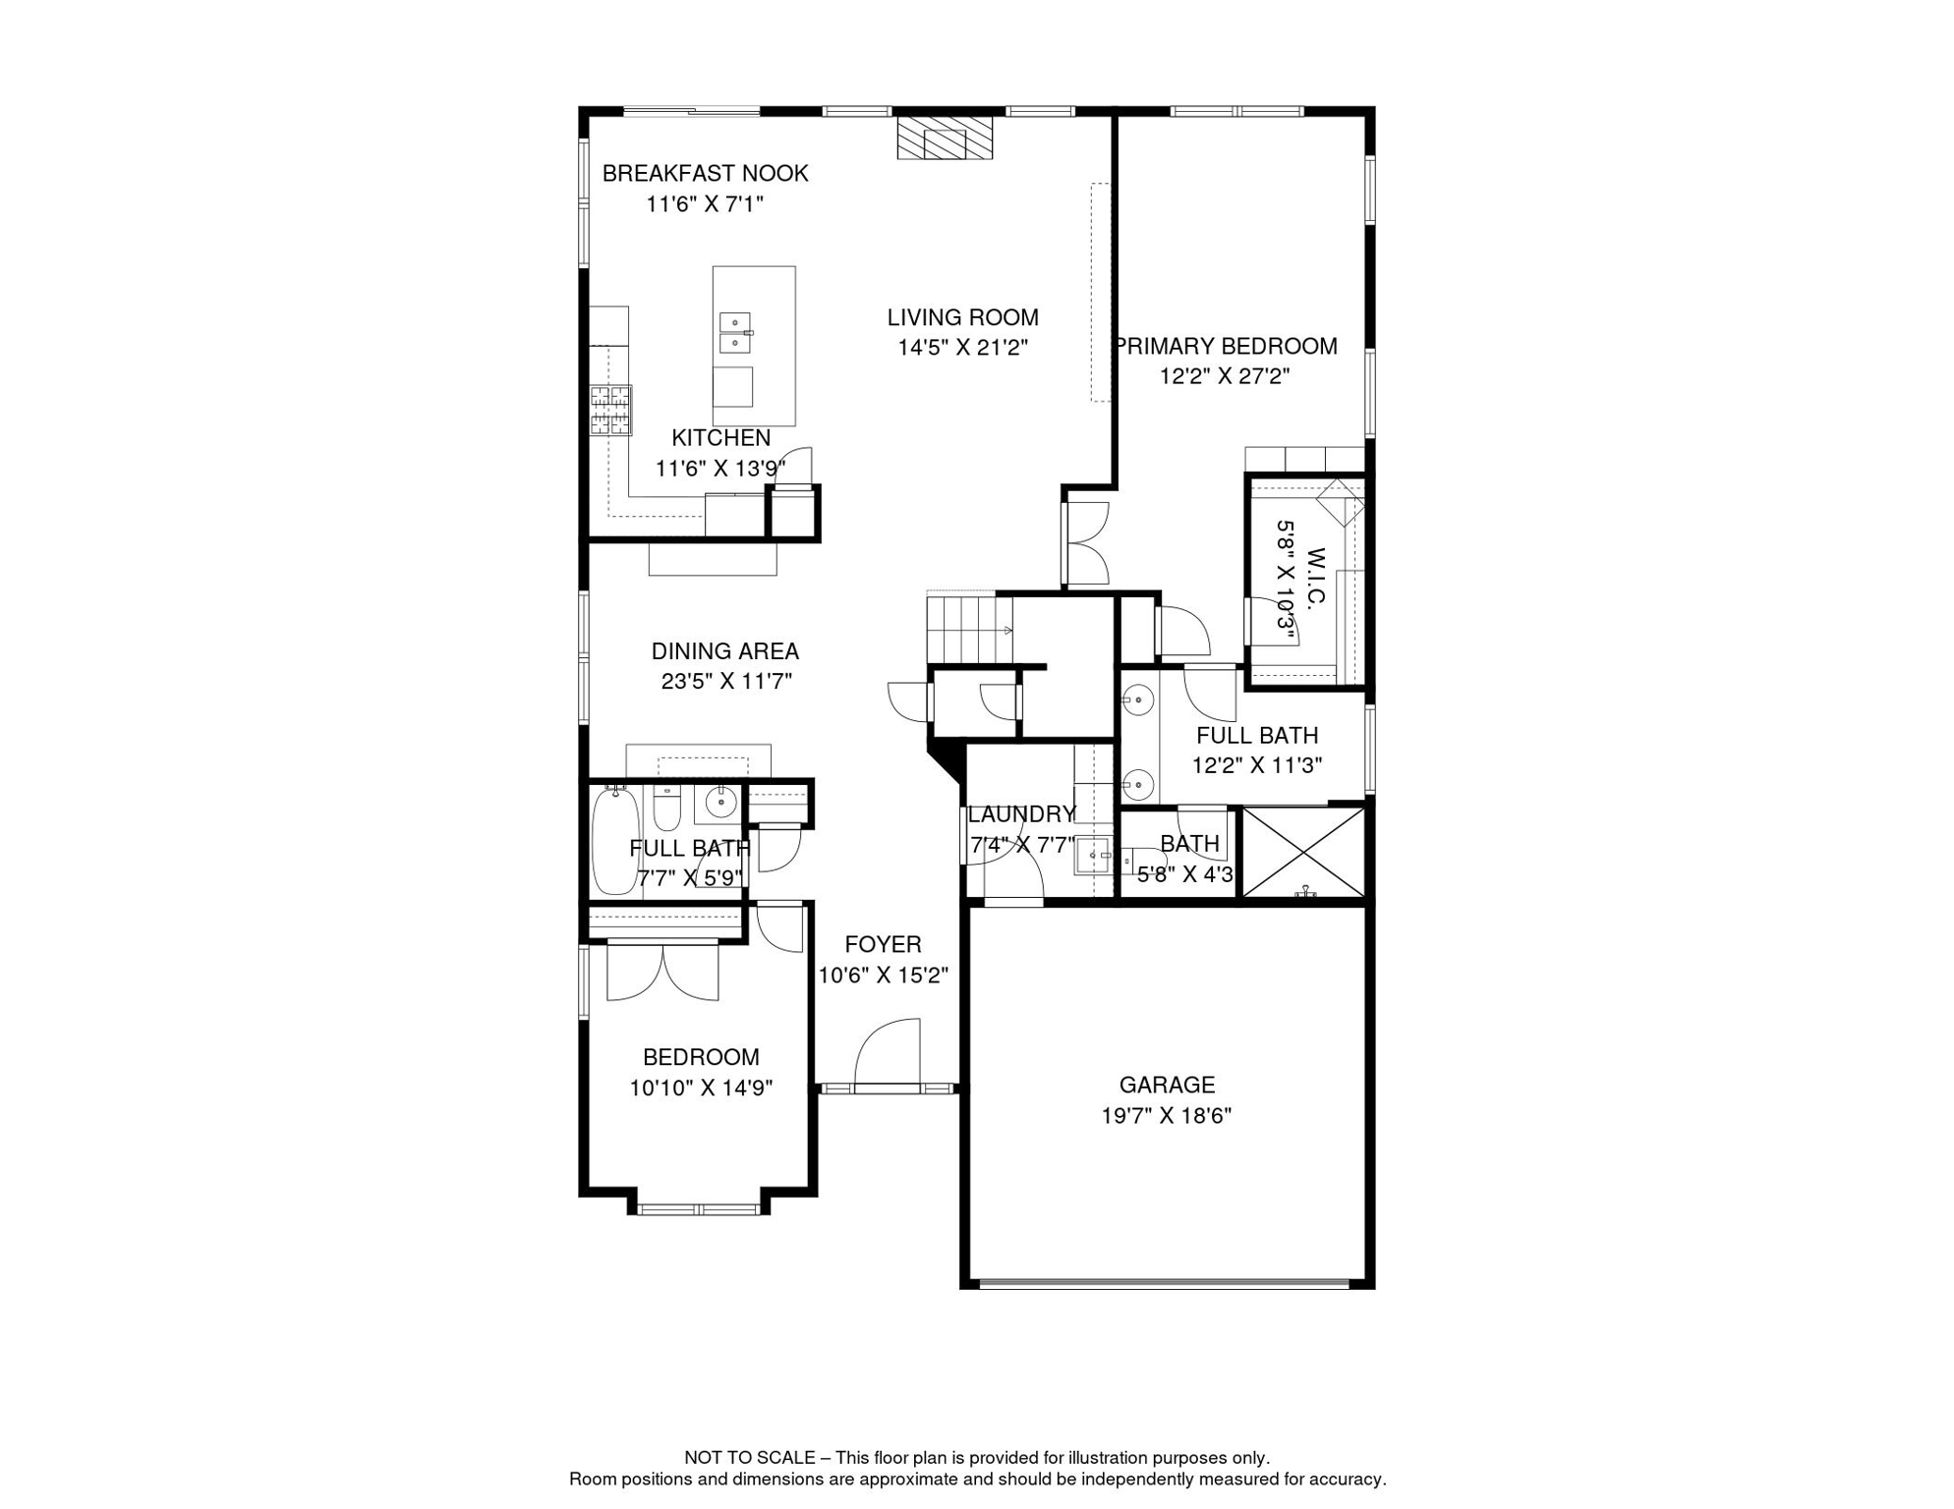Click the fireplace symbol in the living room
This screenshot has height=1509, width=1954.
(945, 139)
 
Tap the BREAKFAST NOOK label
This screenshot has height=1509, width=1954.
(705, 174)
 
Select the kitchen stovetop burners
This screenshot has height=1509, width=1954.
(610, 411)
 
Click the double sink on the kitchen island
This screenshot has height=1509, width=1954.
(735, 333)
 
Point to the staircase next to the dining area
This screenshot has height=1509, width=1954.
(969, 628)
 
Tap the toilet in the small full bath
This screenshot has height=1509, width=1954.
(667, 809)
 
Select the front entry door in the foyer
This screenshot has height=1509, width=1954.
(888, 1057)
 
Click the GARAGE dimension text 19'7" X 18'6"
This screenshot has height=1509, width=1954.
(1166, 1116)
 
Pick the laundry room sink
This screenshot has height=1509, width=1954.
(1092, 856)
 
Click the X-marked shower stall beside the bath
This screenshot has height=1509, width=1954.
(1303, 852)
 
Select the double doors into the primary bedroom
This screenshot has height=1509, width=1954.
(1085, 543)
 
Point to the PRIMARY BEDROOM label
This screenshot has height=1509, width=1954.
(1226, 347)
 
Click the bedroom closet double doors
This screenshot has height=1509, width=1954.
(662, 973)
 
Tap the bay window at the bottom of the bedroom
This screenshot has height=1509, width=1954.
(699, 1208)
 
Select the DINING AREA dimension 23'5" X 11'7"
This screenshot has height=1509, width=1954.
(725, 682)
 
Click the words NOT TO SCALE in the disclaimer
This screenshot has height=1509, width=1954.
(749, 1458)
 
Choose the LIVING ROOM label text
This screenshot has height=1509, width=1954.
(962, 318)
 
